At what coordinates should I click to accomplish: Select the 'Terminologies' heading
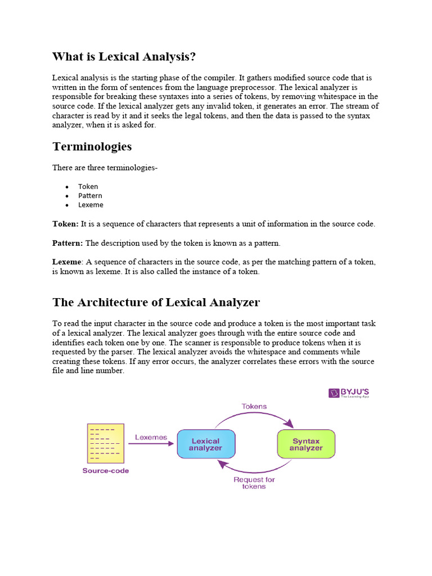92,147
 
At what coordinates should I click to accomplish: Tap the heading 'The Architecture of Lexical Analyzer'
156,302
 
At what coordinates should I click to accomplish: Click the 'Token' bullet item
88,186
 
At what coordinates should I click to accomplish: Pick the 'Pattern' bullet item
90,196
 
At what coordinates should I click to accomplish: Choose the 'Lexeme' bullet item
91,205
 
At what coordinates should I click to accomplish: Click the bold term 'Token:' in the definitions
65,224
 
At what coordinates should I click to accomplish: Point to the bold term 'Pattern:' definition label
67,243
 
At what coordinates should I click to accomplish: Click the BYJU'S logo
349,393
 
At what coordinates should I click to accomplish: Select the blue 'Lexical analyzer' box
206,444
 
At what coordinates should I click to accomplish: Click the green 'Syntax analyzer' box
306,444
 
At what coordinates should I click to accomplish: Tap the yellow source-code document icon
105,443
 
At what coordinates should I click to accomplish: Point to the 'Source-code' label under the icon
105,470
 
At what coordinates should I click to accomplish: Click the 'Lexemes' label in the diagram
151,436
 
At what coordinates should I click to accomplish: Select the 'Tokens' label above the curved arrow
254,406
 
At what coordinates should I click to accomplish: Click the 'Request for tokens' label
254,483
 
